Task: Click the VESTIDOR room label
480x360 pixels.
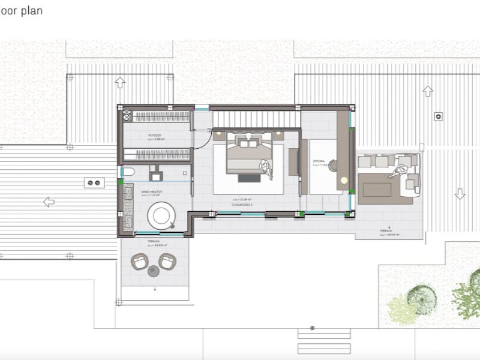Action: click(155, 136)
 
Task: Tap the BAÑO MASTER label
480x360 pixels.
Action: click(151, 191)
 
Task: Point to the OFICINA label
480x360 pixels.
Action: click(319, 162)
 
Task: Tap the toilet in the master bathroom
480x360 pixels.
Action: click(127, 173)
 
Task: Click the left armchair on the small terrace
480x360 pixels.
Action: click(140, 262)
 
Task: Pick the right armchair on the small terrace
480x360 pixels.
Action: click(167, 262)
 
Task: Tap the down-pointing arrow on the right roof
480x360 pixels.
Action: click(460, 194)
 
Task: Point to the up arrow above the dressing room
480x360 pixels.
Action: click(120, 82)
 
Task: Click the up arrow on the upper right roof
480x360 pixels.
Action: click(428, 91)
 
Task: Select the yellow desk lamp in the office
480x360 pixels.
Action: click(344, 180)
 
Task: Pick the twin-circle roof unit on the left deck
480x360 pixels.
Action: click(94, 183)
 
